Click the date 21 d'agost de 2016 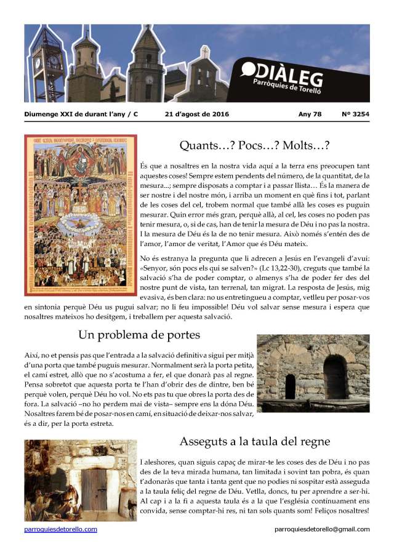[x=197, y=114]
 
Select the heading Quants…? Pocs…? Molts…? [x=254, y=146]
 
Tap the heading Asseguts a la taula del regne [x=255, y=441]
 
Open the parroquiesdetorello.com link [x=61, y=529]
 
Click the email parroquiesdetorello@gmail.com [x=322, y=529]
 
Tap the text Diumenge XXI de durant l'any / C [x=81, y=114]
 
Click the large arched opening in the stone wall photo [x=334, y=376]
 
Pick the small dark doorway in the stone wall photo [x=290, y=386]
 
